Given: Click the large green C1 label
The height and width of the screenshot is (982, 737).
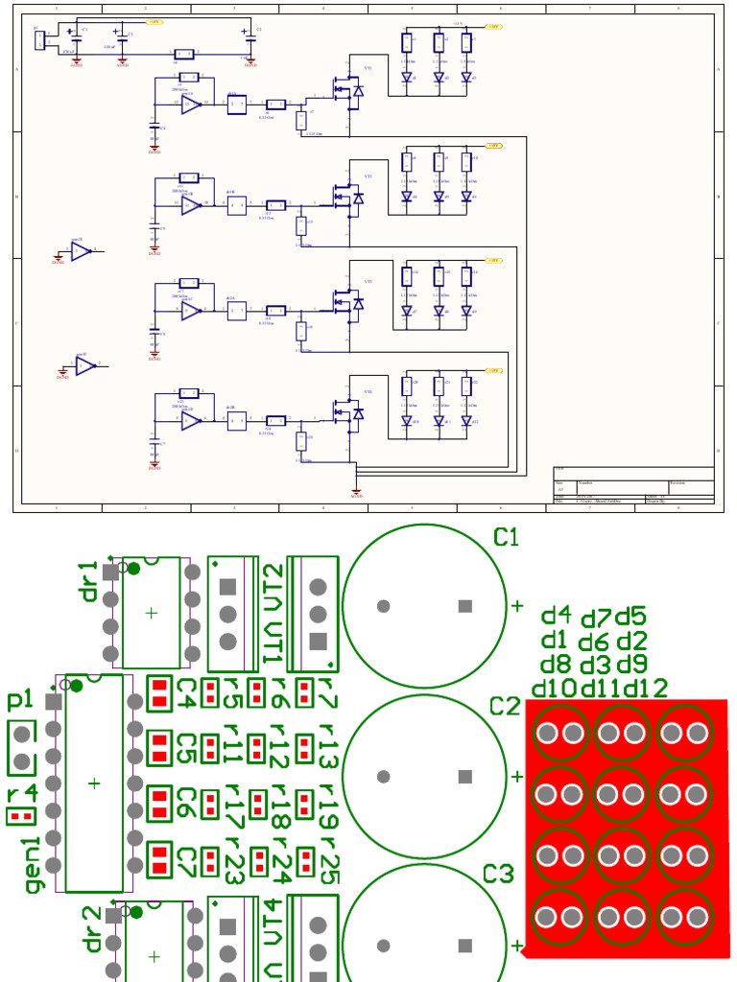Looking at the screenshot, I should [x=506, y=538].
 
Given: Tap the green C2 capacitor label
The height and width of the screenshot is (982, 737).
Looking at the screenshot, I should [x=505, y=707].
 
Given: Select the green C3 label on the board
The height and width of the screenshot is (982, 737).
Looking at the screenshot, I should [x=498, y=875].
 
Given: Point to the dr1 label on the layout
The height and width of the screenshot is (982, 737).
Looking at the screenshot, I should [x=88, y=581].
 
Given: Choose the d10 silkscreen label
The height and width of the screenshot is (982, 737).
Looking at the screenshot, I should [x=554, y=688].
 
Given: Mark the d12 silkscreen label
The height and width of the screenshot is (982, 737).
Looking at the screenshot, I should [x=645, y=688].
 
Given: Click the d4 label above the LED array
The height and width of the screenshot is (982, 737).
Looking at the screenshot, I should [x=556, y=615].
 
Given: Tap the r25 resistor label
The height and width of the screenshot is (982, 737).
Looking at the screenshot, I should [x=330, y=859].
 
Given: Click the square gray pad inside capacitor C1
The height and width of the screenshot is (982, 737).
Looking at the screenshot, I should [x=465, y=606].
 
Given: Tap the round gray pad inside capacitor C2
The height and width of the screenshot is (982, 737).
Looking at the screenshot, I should [x=384, y=776].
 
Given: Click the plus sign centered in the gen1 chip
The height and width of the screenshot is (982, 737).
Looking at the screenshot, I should [x=94, y=783].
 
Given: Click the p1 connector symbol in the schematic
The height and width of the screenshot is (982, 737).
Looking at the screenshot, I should [x=38, y=41].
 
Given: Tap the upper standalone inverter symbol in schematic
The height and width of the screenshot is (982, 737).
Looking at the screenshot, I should [x=81, y=251].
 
